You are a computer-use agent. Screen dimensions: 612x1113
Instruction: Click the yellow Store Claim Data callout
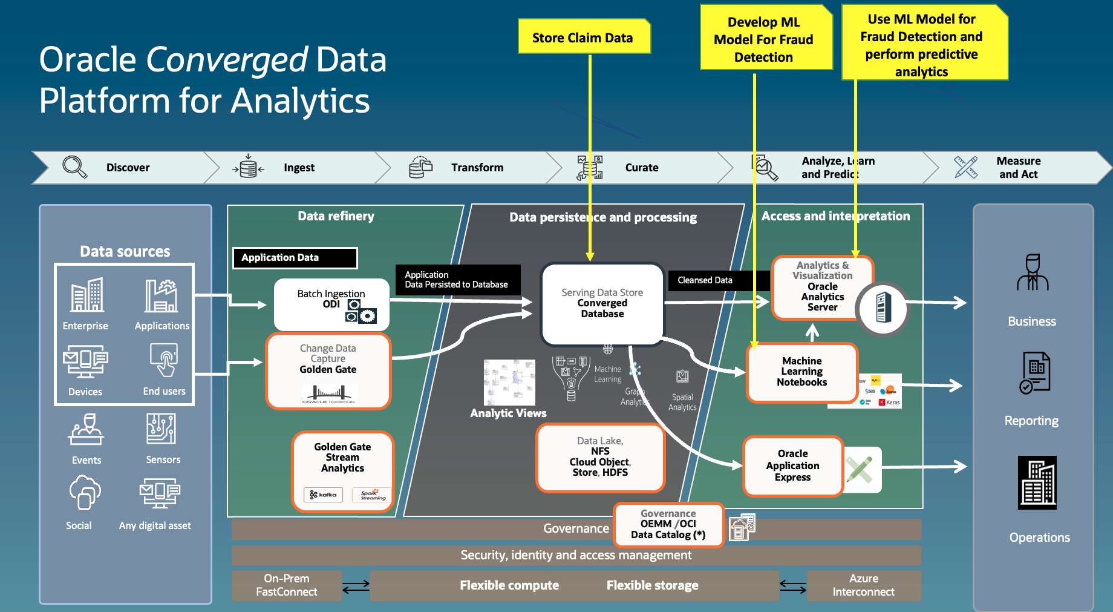583,38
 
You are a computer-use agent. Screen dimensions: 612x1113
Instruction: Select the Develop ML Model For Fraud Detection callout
763,39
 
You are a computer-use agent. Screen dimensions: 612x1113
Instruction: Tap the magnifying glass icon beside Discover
75,167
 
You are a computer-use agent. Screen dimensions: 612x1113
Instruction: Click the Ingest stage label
299,168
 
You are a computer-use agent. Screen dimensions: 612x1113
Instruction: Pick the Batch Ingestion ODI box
331,304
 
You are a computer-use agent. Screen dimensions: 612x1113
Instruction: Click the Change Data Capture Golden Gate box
328,370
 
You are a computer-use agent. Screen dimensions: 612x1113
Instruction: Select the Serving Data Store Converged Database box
602,304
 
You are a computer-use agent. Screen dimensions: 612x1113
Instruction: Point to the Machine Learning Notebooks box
801,372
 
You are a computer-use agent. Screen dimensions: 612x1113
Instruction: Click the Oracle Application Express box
792,466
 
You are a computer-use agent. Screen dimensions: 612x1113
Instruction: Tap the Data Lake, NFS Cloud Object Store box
600,458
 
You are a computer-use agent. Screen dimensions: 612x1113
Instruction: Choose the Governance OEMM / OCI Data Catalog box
668,524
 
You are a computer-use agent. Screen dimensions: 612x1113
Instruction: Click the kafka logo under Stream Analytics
323,495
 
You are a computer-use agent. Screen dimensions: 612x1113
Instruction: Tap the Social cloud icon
84,493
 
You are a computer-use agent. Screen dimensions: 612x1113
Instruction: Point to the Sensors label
163,459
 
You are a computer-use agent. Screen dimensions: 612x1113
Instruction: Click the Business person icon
1032,274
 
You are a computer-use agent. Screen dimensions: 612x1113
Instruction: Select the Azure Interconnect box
863,585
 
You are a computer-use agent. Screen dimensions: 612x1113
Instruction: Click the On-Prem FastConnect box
287,585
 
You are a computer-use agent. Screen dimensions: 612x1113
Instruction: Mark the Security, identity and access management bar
576,555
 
